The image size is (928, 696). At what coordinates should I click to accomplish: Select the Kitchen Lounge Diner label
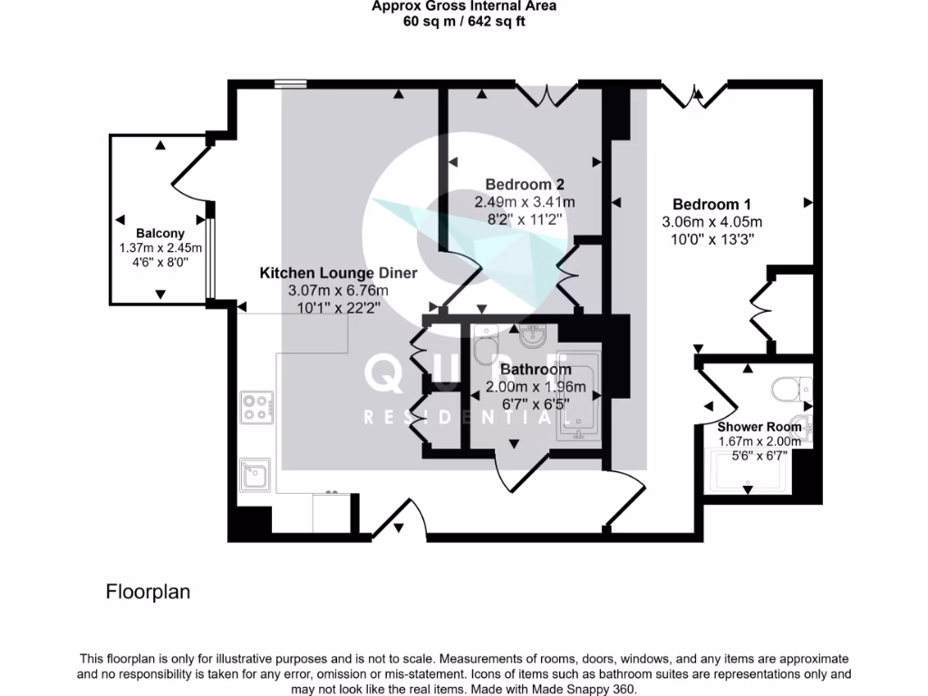tap(338, 273)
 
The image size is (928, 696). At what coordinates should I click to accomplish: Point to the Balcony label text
tap(160, 234)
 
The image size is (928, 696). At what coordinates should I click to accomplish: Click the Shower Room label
tap(759, 427)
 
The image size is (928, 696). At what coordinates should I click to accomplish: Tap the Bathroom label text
tap(536, 370)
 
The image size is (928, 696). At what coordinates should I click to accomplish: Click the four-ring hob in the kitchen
tap(256, 407)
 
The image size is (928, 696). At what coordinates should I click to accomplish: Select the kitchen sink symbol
tap(255, 474)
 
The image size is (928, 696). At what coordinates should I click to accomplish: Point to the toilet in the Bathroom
tap(485, 343)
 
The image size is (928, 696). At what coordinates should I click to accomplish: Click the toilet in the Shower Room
tap(790, 391)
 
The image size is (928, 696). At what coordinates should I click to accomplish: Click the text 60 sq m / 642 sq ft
tap(464, 22)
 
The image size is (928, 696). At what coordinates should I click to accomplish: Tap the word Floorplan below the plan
tap(149, 593)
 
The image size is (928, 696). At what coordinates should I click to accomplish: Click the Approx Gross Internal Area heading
tap(464, 6)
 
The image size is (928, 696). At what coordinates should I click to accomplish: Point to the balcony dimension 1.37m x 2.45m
tap(160, 248)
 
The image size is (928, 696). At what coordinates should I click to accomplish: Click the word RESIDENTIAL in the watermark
tap(458, 418)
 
